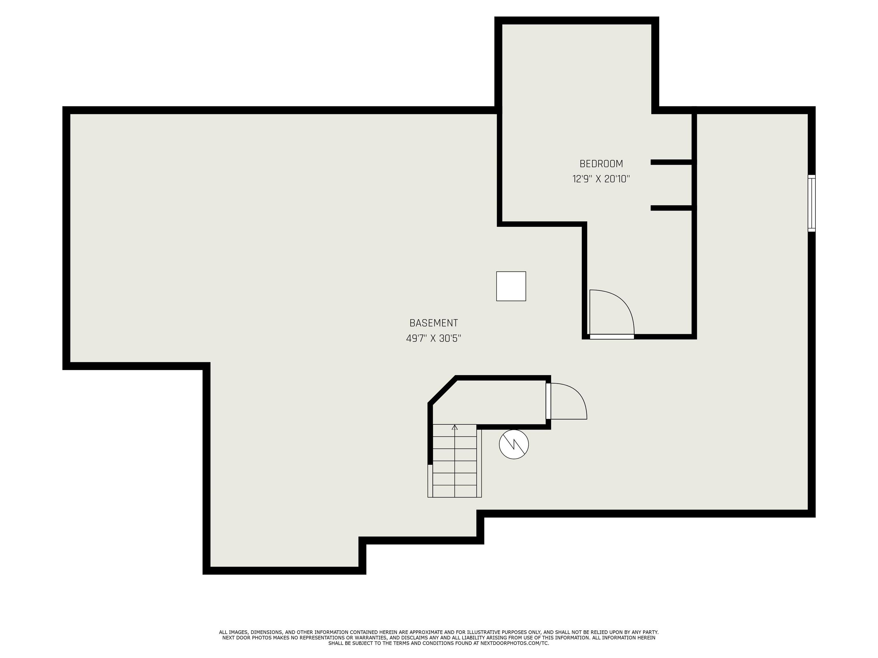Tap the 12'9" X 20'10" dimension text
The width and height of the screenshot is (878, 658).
[x=601, y=179]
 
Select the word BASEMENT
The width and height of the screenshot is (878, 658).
[x=434, y=323]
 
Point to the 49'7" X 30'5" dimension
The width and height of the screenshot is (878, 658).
[x=434, y=338]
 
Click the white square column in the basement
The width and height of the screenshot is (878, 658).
[x=511, y=286]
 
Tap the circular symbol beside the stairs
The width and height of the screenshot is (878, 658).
[x=514, y=444]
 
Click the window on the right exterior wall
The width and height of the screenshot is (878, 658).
[x=811, y=203]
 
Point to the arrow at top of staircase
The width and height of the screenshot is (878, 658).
[x=454, y=427]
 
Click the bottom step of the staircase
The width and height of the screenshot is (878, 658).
[x=454, y=491]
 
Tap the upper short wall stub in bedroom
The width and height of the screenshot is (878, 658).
[x=672, y=162]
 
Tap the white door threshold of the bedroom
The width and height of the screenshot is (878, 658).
[x=612, y=337]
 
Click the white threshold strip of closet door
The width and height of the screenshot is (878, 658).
[x=548, y=401]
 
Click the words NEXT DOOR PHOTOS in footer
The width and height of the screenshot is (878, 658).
[x=246, y=638]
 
